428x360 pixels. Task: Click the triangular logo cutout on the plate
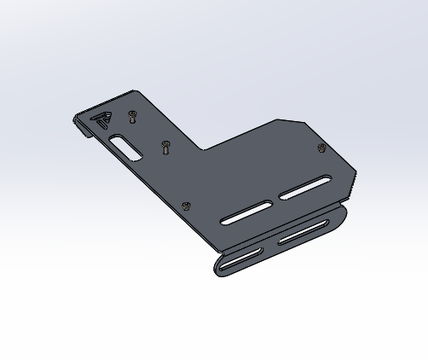point(101,120)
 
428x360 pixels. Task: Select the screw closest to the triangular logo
point(131,114)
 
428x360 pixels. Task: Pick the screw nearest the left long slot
point(187,205)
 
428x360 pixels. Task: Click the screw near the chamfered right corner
point(321,148)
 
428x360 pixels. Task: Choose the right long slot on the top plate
point(304,189)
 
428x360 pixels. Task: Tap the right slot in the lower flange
point(303,231)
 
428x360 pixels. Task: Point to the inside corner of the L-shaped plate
point(204,149)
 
